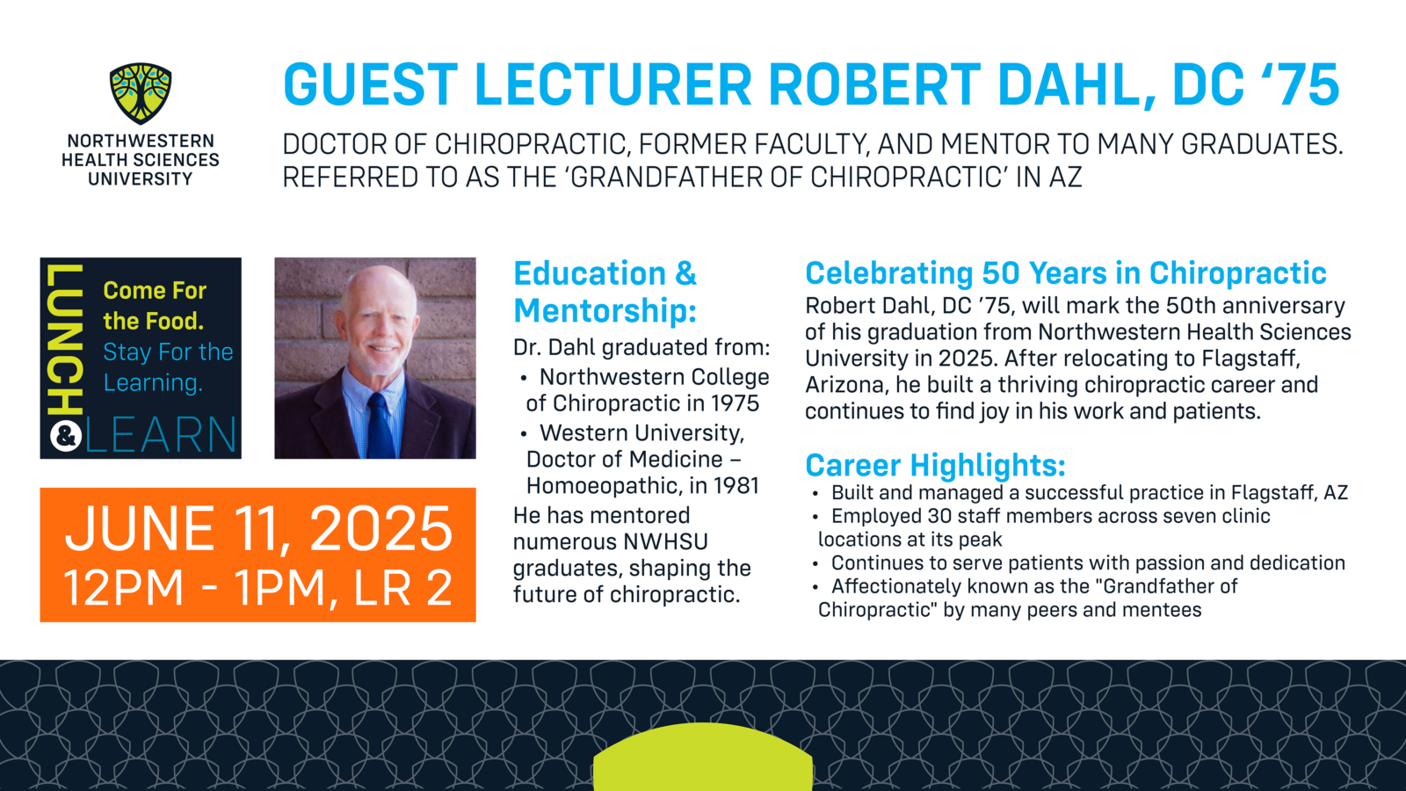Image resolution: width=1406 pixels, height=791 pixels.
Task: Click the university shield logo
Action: [x=141, y=93]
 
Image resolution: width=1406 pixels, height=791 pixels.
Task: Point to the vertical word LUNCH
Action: [x=65, y=339]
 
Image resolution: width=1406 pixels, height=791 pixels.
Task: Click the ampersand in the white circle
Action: [x=65, y=436]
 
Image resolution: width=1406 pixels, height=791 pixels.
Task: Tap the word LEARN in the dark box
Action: [x=161, y=434]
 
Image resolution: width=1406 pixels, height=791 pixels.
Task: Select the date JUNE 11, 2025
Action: [x=258, y=528]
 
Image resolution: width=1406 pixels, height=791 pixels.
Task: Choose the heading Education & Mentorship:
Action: [x=605, y=292]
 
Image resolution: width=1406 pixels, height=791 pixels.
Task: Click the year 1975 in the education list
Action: [x=735, y=403]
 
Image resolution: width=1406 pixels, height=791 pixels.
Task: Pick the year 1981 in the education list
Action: [x=735, y=486]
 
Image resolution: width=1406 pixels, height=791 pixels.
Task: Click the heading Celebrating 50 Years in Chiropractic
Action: [x=1066, y=273]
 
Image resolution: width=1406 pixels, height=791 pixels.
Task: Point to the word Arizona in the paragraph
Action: [x=844, y=384]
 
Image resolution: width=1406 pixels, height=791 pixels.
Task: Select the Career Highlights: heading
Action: [x=935, y=465]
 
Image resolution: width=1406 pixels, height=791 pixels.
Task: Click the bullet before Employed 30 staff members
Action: [x=815, y=518]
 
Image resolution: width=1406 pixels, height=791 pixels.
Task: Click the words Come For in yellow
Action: [x=155, y=291]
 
